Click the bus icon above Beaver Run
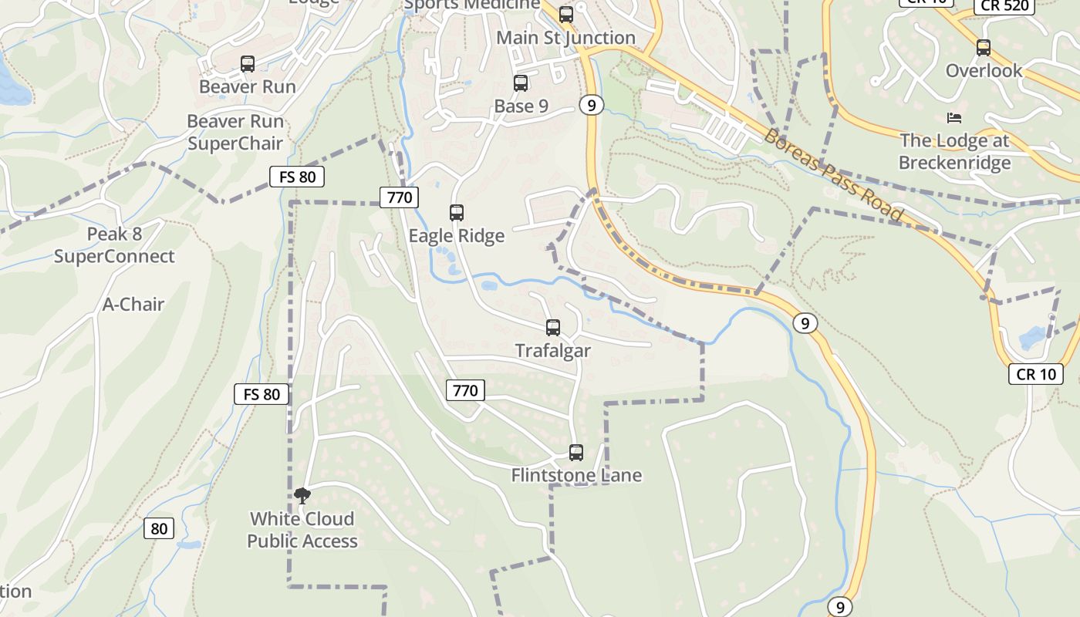click(x=248, y=64)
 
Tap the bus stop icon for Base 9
click(x=521, y=83)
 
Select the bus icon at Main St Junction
click(x=566, y=14)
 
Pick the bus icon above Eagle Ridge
click(x=457, y=213)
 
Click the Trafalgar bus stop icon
click(x=553, y=328)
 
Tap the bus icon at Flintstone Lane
click(x=576, y=453)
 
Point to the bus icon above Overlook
click(x=984, y=48)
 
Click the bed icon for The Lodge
click(x=954, y=118)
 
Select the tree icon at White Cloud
click(x=302, y=496)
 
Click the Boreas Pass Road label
click(x=833, y=176)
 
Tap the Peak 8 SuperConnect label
click(x=114, y=245)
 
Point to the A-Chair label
click(x=133, y=305)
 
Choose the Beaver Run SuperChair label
click(x=235, y=133)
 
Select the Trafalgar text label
click(x=553, y=351)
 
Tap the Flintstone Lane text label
click(x=576, y=476)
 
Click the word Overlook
click(x=984, y=71)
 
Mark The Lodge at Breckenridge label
click(x=954, y=152)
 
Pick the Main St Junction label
click(x=566, y=38)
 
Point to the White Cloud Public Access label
click(x=302, y=530)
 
